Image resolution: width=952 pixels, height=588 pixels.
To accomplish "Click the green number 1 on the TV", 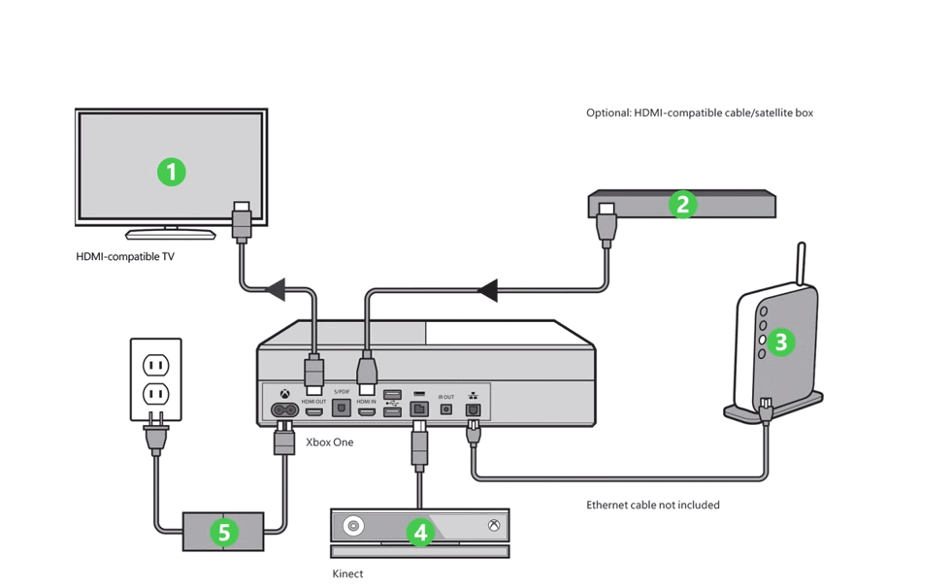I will (x=172, y=172).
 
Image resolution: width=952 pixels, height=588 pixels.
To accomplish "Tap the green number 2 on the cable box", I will (x=683, y=204).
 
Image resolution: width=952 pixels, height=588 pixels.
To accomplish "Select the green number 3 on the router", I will (x=780, y=342).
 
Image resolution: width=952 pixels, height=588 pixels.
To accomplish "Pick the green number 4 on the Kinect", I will (x=419, y=532).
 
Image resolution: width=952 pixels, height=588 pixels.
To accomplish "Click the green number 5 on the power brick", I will (x=224, y=532).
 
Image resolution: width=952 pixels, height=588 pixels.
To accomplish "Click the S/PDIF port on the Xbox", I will (x=342, y=408).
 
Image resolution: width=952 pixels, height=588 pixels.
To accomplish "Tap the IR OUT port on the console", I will (x=446, y=409).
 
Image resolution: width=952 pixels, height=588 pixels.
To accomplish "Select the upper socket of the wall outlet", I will (x=156, y=366).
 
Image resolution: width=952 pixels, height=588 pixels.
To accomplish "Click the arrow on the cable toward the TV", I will (x=276, y=288).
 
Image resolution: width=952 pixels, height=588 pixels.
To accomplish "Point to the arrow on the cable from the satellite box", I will (x=487, y=289).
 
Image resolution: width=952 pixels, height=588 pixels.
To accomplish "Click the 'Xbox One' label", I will (x=330, y=442).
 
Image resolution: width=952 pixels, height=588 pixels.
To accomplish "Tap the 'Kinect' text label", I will (x=347, y=573).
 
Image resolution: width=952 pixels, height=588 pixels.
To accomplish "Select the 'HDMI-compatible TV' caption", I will (x=125, y=257).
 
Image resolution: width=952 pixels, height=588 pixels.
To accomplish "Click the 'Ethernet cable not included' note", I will (x=652, y=505).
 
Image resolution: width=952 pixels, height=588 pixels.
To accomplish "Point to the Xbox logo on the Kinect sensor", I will (x=494, y=526).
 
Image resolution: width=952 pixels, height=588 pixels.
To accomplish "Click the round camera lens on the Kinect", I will (x=353, y=526).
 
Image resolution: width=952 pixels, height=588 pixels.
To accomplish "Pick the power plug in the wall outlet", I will (x=155, y=434).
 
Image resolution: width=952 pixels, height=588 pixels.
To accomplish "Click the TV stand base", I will (x=171, y=234).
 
